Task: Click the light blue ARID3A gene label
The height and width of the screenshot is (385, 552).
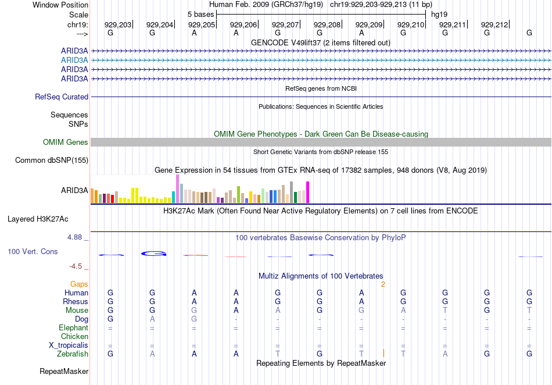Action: (x=74, y=60)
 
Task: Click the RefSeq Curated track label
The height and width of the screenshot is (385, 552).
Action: (x=62, y=97)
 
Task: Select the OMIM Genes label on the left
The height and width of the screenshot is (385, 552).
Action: (x=66, y=142)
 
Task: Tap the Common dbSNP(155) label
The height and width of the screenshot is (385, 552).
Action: (x=52, y=161)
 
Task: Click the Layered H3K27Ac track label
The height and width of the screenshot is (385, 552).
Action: (x=38, y=219)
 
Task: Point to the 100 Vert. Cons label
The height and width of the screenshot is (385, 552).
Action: (x=33, y=252)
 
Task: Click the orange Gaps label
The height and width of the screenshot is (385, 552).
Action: (x=78, y=284)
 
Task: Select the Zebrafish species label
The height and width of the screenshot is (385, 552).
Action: (x=73, y=354)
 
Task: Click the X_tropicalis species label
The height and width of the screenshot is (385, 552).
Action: (x=69, y=345)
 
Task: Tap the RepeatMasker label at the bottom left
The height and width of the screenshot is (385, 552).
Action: (x=64, y=371)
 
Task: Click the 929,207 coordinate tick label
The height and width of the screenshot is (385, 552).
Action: (x=285, y=24)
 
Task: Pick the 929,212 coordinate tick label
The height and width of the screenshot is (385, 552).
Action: (x=494, y=24)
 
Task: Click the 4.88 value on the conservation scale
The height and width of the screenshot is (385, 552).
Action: (x=76, y=237)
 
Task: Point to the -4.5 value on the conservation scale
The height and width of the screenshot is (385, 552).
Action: (x=77, y=266)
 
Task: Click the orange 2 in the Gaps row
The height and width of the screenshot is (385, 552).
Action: (x=383, y=284)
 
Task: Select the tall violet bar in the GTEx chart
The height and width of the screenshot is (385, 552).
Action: (x=177, y=188)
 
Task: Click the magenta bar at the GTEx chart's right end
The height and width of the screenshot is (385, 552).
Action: (x=307, y=192)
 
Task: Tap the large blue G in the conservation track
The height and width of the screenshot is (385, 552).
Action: (x=154, y=254)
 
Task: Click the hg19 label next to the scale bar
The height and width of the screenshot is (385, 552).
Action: (x=439, y=14)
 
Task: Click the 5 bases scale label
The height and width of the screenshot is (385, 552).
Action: (x=200, y=14)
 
